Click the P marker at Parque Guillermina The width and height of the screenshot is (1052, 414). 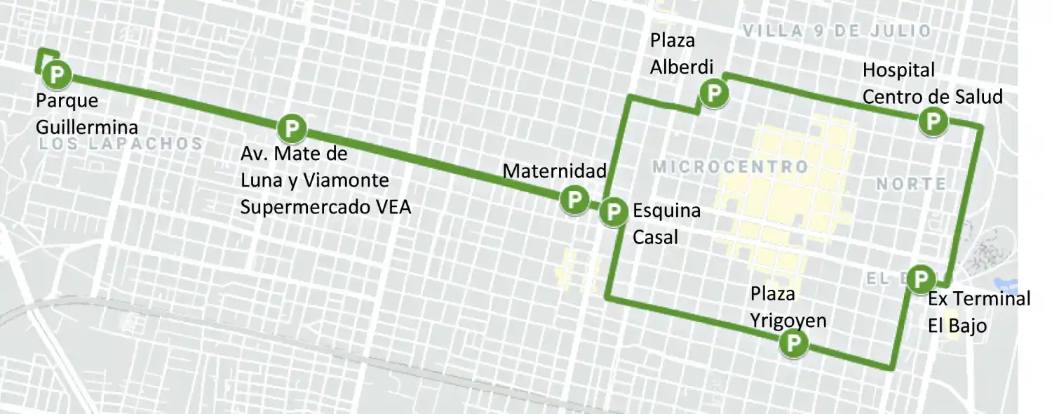pyautogui.click(x=56, y=74)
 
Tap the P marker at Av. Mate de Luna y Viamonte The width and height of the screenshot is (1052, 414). pyautogui.click(x=291, y=128)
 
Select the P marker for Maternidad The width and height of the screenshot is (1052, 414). pyautogui.click(x=574, y=199)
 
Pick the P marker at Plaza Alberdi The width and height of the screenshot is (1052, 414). pyautogui.click(x=714, y=93)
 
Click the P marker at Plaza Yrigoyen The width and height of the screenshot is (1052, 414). pyautogui.click(x=794, y=344)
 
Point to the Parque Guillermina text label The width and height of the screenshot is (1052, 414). pyautogui.click(x=86, y=114)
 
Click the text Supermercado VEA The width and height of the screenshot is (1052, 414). pyautogui.click(x=325, y=207)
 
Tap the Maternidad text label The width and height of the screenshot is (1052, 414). pyautogui.click(x=554, y=171)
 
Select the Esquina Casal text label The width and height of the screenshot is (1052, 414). pyautogui.click(x=666, y=224)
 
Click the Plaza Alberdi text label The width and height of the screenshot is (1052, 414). pyautogui.click(x=681, y=53)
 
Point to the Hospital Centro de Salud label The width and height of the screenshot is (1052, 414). pyautogui.click(x=932, y=83)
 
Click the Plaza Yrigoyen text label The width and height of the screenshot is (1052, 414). pyautogui.click(x=788, y=307)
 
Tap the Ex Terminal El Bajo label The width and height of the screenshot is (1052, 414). pyautogui.click(x=979, y=312)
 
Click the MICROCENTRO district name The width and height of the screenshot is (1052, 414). pyautogui.click(x=730, y=167)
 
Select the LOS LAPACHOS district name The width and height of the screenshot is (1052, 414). pyautogui.click(x=121, y=144)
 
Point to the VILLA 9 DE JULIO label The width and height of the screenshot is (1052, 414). pyautogui.click(x=836, y=31)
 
